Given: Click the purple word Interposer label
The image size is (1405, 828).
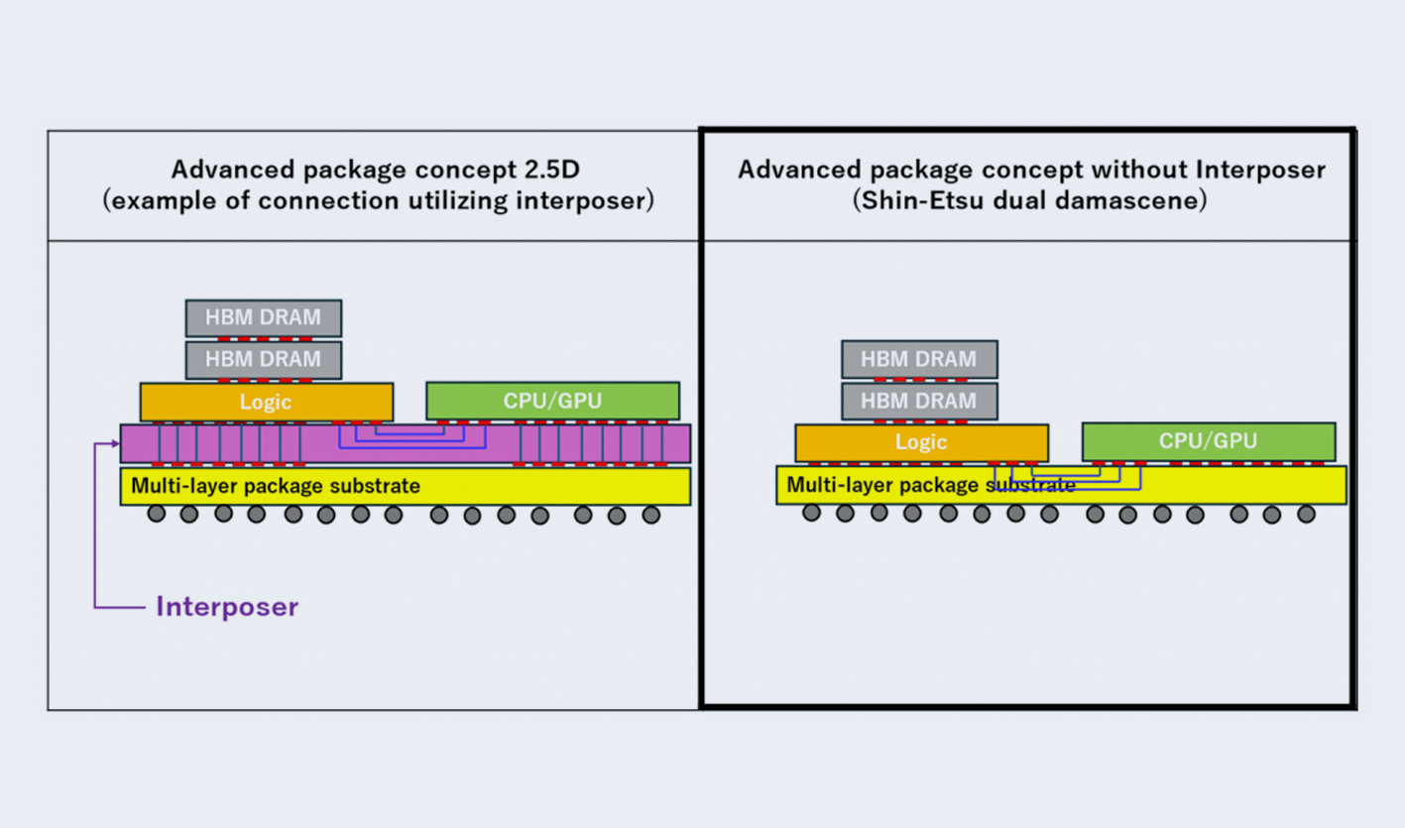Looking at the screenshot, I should coord(227,607).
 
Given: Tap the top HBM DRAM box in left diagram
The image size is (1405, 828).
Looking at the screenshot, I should coord(264,318).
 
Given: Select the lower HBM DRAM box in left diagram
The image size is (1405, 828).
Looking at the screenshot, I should coord(264,359).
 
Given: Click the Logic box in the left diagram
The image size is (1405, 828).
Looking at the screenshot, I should coord(266,402).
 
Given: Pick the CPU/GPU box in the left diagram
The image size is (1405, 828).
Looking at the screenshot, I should coord(552,401).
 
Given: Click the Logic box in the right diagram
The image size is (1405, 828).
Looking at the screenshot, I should coord(921,442).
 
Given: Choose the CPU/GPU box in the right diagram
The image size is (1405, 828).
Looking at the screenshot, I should coord(1208,441).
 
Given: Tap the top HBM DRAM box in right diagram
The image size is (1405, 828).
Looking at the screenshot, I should coord(919,359).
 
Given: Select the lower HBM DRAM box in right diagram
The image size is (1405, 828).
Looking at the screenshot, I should coord(919,401).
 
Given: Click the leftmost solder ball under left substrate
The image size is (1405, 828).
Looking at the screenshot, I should coord(157,514).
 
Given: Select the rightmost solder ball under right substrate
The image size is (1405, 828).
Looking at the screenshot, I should coord(1306,514).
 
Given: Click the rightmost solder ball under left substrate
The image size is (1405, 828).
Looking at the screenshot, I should coord(650,515).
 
